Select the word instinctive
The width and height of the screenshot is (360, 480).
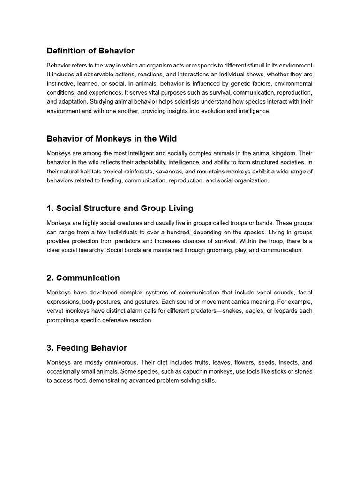(x=62, y=83)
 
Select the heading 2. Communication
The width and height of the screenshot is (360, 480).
(x=83, y=278)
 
